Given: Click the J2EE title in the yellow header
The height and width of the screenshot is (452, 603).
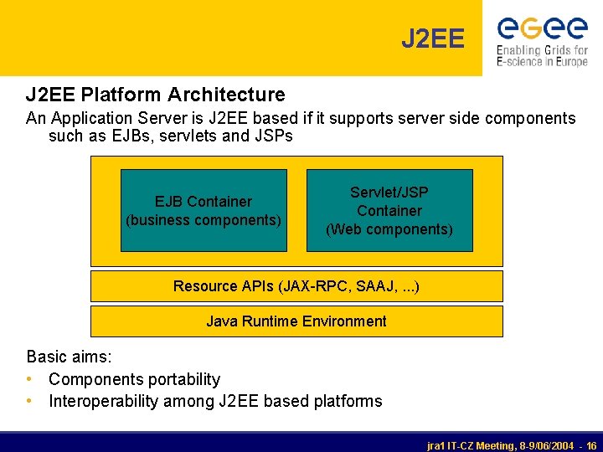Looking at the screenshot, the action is pos(432,39).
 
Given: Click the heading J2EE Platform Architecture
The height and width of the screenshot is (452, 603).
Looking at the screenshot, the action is pos(156,95).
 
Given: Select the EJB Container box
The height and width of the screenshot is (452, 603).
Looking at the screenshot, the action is pos(204,210).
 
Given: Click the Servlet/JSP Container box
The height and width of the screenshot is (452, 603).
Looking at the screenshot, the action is pos(389,210).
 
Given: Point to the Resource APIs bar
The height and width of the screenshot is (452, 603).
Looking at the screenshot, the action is pos(296,286).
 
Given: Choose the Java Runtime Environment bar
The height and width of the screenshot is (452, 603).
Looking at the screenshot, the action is pos(296,321).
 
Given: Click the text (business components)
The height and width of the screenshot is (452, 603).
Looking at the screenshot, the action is pos(204,220).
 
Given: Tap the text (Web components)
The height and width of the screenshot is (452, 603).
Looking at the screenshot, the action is pos(389,229).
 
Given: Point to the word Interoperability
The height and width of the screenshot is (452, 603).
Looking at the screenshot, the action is pos(102,401).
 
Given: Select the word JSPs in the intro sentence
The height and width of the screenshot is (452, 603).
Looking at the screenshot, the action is pos(273,136).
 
